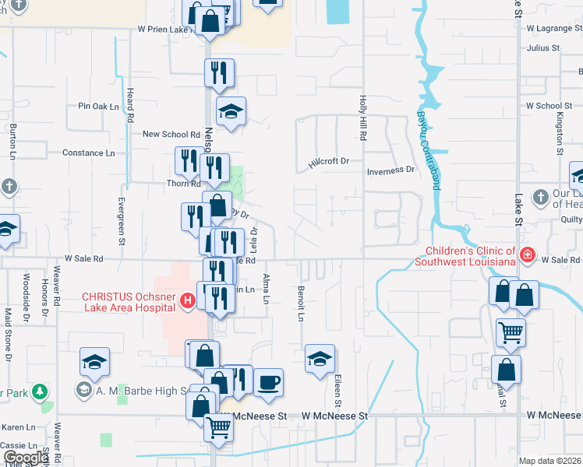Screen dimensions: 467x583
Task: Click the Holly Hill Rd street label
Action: click(362, 118)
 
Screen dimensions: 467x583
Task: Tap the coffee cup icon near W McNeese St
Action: click(268, 382)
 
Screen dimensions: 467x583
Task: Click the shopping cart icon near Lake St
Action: click(511, 332)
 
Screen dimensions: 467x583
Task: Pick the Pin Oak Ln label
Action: click(98, 106)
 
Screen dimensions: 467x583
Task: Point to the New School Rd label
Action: click(171, 134)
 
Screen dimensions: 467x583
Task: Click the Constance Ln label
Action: click(88, 153)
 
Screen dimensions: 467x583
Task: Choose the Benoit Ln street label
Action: click(300, 303)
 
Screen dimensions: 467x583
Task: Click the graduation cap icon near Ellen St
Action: click(320, 359)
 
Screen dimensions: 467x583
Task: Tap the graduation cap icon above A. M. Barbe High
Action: click(94, 362)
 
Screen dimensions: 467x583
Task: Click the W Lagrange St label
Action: click(554, 27)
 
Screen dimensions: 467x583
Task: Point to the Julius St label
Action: click(543, 47)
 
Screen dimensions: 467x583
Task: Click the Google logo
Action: click(26, 458)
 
